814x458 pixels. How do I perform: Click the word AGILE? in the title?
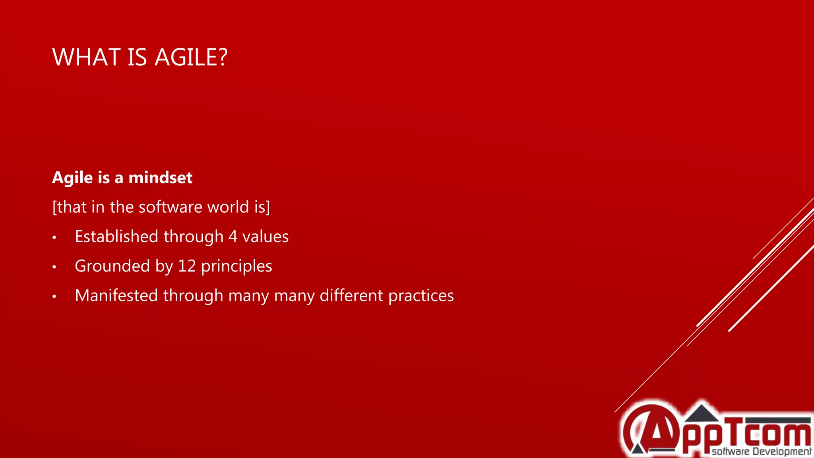tap(191, 57)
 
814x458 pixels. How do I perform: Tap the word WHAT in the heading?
tap(86, 57)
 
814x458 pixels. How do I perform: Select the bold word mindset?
tap(160, 178)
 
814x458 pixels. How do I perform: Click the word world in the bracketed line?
tap(228, 207)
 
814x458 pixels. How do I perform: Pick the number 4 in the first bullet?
tap(233, 237)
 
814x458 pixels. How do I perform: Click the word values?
tap(265, 237)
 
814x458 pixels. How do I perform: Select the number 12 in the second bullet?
tap(186, 266)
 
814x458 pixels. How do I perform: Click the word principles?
tap(236, 266)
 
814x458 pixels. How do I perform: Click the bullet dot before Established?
tap(54, 238)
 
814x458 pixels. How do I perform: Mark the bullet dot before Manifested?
tap(54, 297)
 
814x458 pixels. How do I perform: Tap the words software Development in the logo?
tap(761, 451)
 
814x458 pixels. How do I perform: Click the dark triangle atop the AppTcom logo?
tap(702, 413)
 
